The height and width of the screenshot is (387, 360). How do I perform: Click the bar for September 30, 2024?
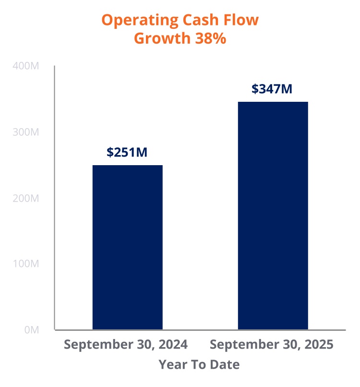point(127,247)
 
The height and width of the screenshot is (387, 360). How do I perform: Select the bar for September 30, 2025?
point(273,216)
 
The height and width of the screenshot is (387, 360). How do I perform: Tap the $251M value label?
point(127,152)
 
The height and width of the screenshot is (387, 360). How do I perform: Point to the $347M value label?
point(272,89)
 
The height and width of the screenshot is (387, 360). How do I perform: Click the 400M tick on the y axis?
point(24,66)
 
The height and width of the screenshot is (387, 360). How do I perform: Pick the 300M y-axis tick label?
point(25,132)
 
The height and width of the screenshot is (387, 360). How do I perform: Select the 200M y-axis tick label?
point(25,198)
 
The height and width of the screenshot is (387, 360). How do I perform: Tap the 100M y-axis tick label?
point(25,264)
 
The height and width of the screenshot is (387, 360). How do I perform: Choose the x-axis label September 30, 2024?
point(125,345)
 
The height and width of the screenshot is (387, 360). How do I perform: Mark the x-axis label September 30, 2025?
point(272,345)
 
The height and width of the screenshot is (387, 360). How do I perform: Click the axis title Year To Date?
point(199,364)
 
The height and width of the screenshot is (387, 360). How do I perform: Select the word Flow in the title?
point(242,21)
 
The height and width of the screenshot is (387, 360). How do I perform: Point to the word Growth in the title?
point(161,38)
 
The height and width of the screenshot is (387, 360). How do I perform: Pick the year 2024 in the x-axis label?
point(172,345)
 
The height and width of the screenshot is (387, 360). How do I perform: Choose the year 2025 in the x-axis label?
point(318,345)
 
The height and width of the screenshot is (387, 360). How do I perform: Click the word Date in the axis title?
point(226,364)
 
